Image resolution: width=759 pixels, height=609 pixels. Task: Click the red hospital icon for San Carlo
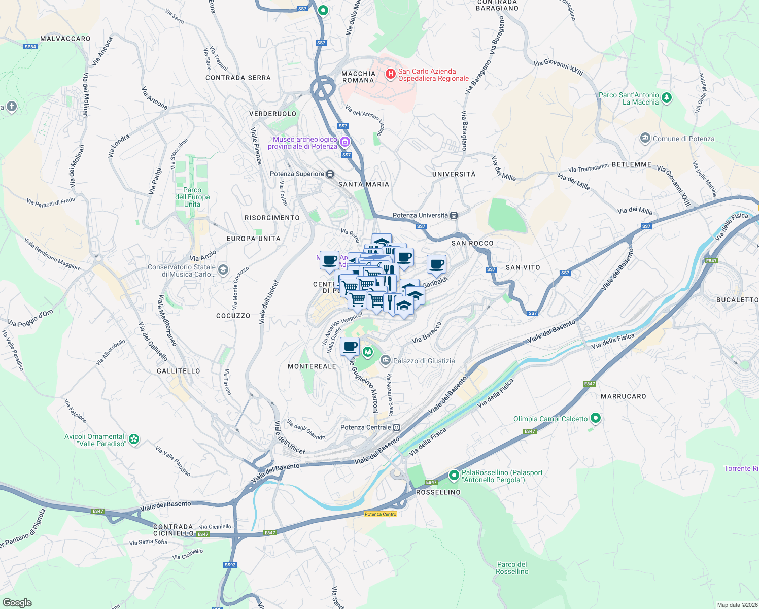390,75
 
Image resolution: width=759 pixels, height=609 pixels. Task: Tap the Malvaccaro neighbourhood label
65,39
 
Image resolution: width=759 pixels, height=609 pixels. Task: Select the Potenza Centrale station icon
397,427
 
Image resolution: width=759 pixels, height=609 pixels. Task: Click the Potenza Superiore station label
297,174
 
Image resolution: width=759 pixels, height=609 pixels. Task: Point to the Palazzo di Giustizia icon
385,361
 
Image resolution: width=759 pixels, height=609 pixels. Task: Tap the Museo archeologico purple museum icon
346,142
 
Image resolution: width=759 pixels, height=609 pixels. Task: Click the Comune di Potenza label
683,139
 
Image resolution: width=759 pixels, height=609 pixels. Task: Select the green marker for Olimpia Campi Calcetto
596,419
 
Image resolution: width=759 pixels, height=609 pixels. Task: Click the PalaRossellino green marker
454,476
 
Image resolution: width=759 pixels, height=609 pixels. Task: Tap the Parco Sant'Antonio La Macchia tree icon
667,98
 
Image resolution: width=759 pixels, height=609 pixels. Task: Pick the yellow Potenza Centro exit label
381,514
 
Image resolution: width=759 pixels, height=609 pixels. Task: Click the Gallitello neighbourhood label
179,371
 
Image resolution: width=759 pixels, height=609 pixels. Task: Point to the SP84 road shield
30,47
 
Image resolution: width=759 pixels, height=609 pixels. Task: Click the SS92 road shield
230,564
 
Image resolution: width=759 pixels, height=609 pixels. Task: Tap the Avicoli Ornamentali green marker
134,439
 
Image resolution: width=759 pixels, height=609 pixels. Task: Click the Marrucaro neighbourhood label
624,396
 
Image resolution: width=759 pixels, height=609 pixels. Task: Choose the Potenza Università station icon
454,215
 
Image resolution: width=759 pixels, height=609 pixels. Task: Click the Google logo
17,603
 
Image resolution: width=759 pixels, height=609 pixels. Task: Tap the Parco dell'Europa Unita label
192,197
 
